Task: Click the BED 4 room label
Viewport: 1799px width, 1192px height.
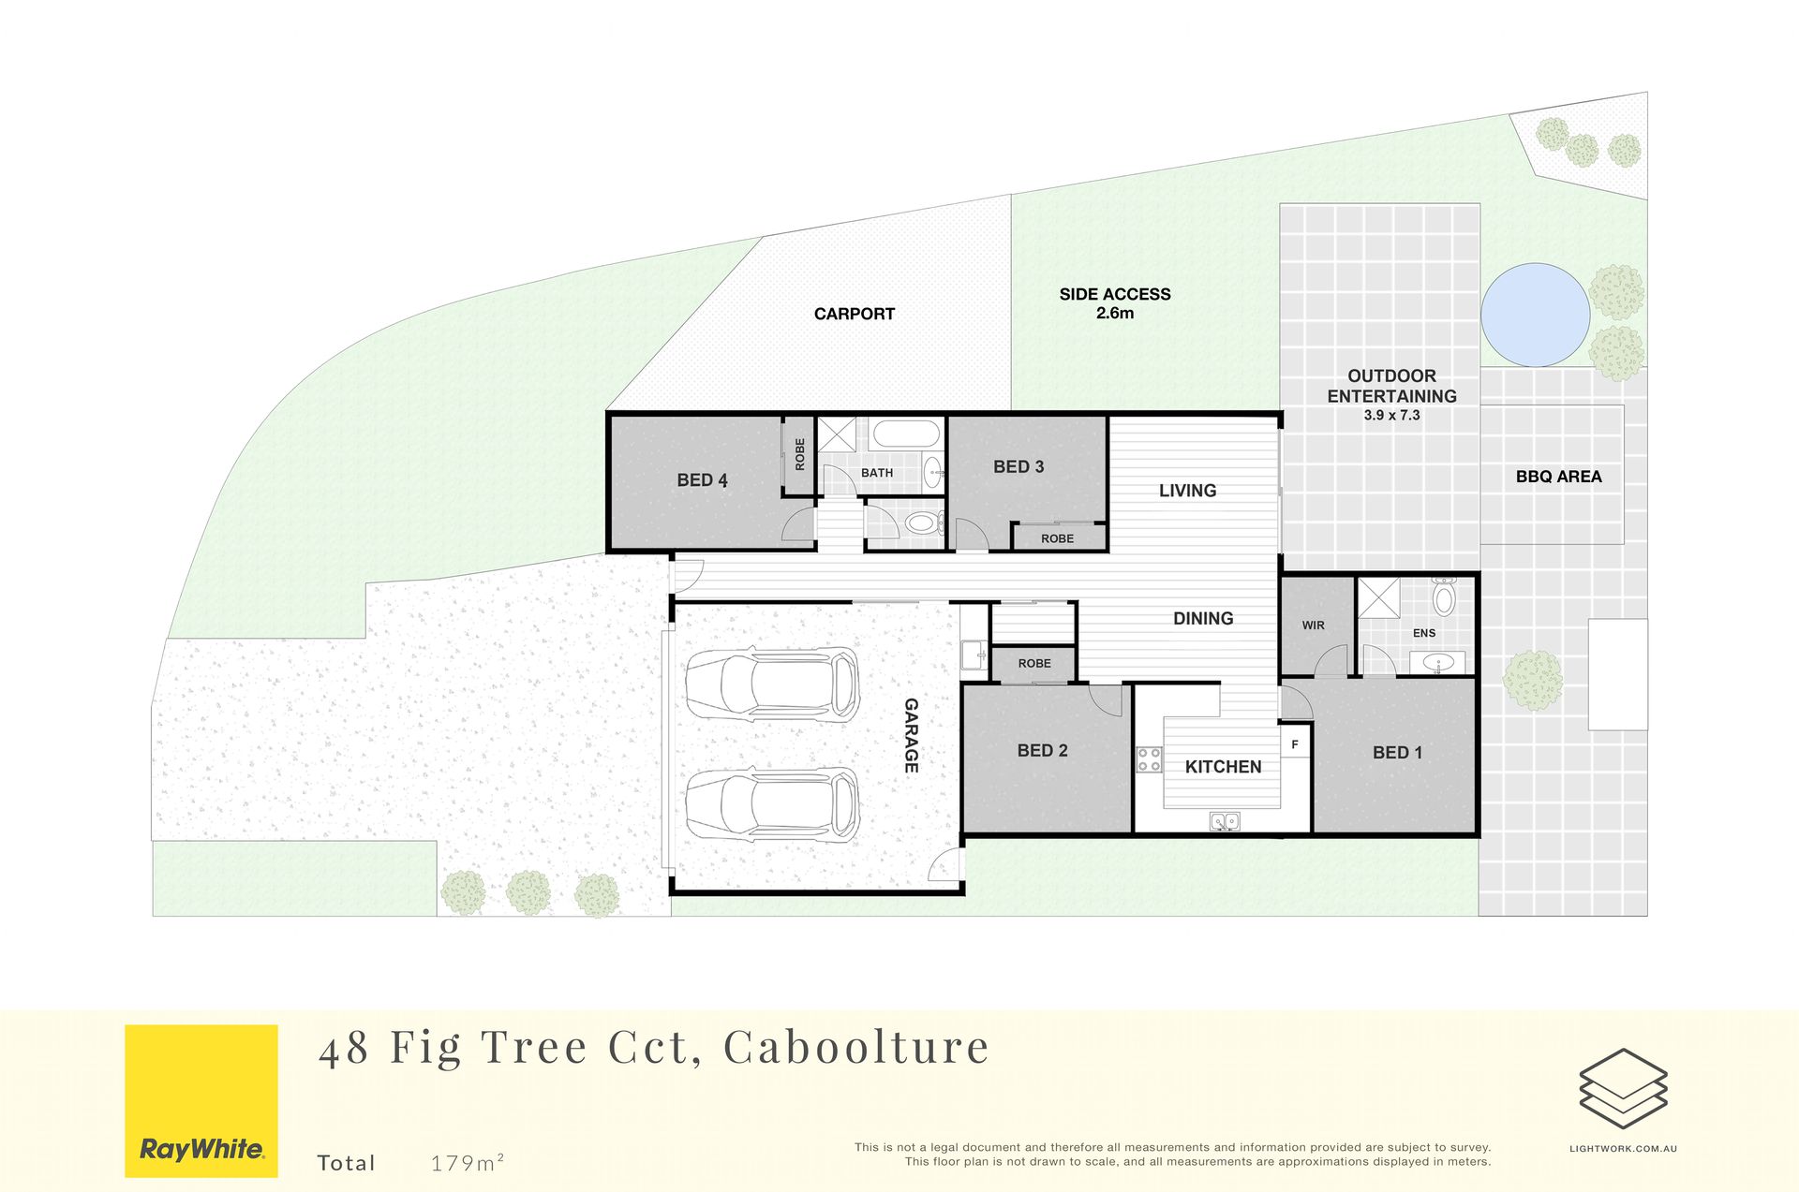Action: coord(702,480)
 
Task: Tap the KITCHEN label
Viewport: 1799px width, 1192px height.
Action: coord(1223,767)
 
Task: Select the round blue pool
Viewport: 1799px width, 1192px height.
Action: coord(1535,315)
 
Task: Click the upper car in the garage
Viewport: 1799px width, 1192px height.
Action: coord(773,683)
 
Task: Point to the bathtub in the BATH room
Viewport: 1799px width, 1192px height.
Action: coord(905,434)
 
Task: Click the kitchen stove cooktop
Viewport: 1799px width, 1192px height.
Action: coord(1149,759)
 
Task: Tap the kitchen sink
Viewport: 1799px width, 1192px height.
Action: coord(1225,821)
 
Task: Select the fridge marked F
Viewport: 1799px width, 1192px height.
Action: coord(1295,745)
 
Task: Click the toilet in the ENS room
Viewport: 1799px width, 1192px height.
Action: coord(1444,596)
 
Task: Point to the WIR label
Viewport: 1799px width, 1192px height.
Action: coord(1313,625)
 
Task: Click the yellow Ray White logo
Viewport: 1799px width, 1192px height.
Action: coord(201,1101)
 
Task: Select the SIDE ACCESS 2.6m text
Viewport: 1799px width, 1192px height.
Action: coord(1115,303)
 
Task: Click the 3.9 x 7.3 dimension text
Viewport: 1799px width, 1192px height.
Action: coord(1391,416)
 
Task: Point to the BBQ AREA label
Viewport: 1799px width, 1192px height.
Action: coord(1558,477)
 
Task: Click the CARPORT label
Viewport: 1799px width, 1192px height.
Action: coord(855,315)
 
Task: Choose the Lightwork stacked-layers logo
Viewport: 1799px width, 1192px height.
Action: coord(1623,1089)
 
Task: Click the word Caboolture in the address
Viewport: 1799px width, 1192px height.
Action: coord(856,1047)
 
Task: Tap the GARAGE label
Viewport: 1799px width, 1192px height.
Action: coord(911,735)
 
